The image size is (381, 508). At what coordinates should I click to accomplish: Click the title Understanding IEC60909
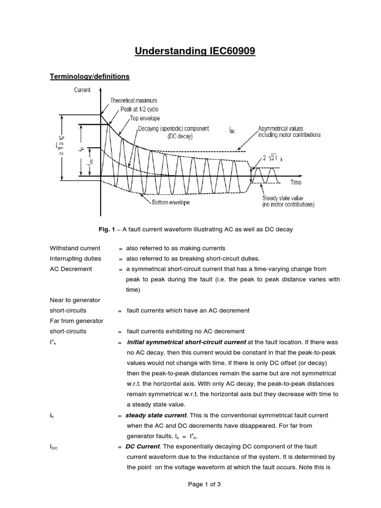tap(190, 52)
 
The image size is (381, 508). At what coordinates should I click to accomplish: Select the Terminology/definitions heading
tap(90, 76)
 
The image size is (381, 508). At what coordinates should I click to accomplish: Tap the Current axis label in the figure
tap(82, 90)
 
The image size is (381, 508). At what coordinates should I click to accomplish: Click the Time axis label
tap(296, 182)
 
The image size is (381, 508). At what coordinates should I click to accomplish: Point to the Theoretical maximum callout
tap(133, 101)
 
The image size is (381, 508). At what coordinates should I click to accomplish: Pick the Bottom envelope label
tap(167, 202)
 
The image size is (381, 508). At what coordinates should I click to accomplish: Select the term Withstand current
tap(75, 248)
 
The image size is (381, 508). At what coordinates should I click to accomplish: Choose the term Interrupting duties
tap(75, 258)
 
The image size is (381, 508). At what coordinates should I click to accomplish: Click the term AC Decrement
tap(70, 269)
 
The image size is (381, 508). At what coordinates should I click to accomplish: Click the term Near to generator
tap(75, 300)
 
